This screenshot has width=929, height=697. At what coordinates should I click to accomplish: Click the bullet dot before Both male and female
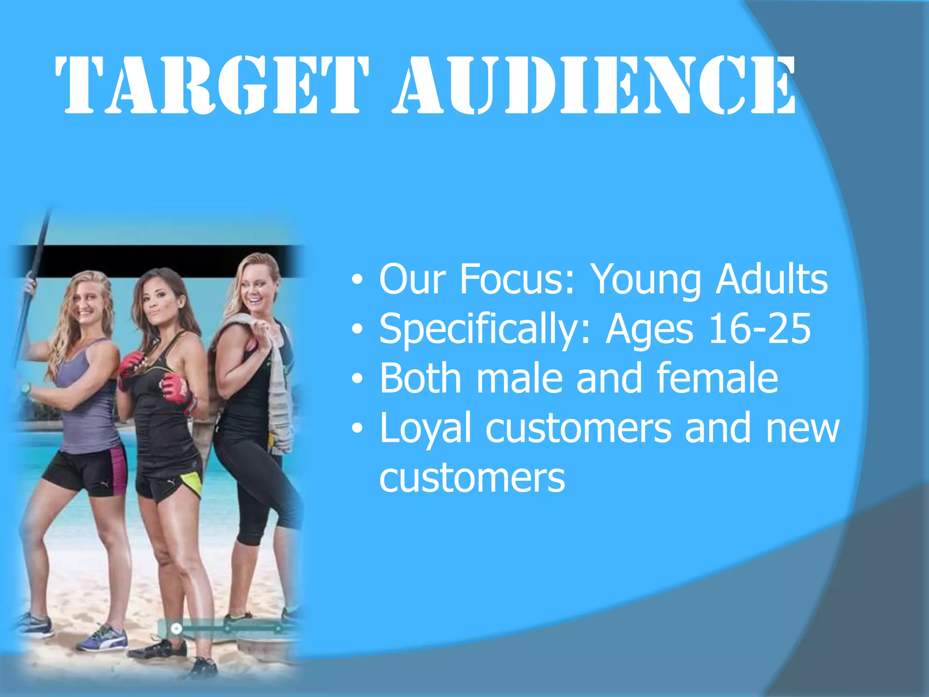357,378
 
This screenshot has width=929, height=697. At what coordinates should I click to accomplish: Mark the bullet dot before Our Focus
357,280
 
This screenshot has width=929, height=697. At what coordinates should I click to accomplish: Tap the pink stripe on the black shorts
118,470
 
